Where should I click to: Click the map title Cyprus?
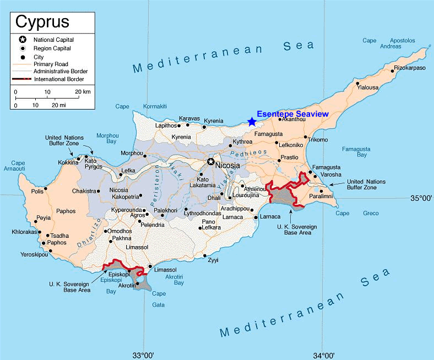click(42, 21)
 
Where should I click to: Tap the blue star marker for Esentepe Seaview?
click(252, 122)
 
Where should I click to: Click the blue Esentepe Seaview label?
click(292, 113)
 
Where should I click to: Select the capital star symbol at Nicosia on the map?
click(210, 162)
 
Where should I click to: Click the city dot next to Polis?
click(45, 188)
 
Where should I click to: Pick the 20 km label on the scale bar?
click(83, 92)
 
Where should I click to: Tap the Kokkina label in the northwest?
click(69, 162)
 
